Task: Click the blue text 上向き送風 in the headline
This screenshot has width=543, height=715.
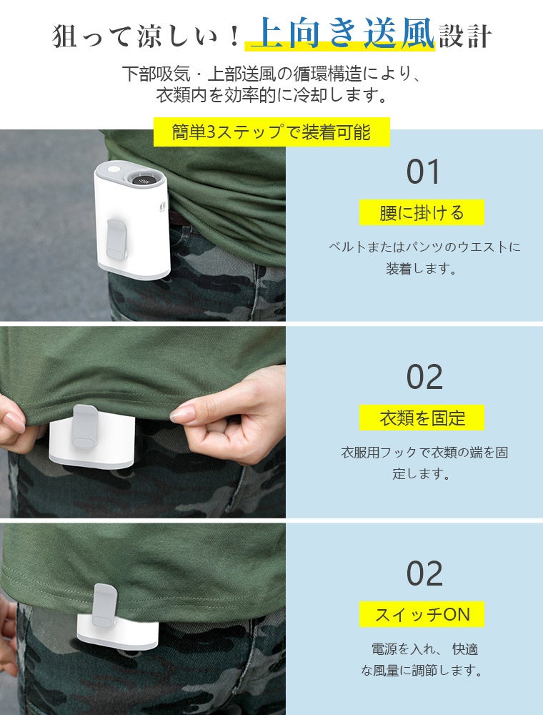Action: [x=342, y=33]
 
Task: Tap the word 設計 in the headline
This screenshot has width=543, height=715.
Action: [x=464, y=36]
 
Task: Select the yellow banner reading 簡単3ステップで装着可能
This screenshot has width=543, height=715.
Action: [x=271, y=132]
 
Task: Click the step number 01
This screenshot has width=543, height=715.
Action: [x=423, y=172]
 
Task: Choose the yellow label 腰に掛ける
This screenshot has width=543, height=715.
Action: [x=422, y=212]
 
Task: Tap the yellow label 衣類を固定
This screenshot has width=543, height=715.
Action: [x=422, y=418]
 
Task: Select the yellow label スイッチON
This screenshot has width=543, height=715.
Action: [x=422, y=614]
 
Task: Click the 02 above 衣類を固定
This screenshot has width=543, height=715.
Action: [x=424, y=377]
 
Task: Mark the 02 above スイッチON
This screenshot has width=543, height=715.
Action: [x=424, y=573]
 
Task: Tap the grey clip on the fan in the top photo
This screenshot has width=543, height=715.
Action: [x=116, y=239]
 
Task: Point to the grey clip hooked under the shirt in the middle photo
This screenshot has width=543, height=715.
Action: [x=85, y=426]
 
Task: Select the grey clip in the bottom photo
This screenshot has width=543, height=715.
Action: [x=104, y=606]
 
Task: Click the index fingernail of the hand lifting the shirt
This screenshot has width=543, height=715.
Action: [x=182, y=414]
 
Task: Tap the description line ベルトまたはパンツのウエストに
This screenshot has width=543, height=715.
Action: [x=424, y=247]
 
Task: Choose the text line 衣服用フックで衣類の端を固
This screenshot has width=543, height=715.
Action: [x=424, y=453]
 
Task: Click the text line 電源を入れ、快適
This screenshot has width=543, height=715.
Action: [x=424, y=649]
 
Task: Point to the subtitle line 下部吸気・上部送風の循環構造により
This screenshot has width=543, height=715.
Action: [x=271, y=74]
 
